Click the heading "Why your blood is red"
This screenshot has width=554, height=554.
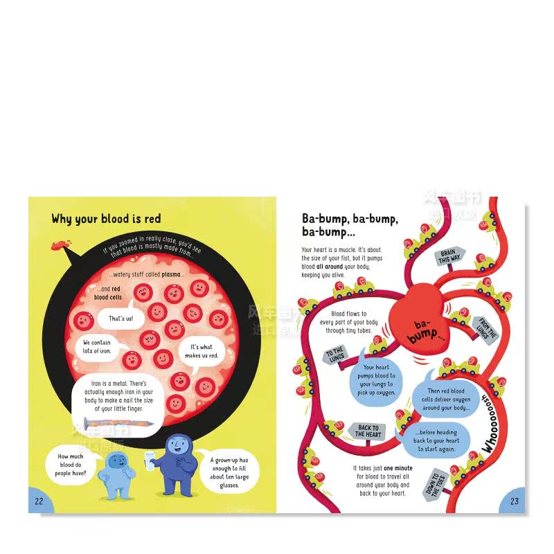[x=106, y=219]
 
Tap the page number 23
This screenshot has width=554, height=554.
[x=514, y=501]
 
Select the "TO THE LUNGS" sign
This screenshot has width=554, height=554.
[x=335, y=356]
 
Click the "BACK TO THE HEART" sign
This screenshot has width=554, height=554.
[x=368, y=431]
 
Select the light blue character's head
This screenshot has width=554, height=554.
[x=111, y=457]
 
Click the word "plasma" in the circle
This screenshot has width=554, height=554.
[x=171, y=274]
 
